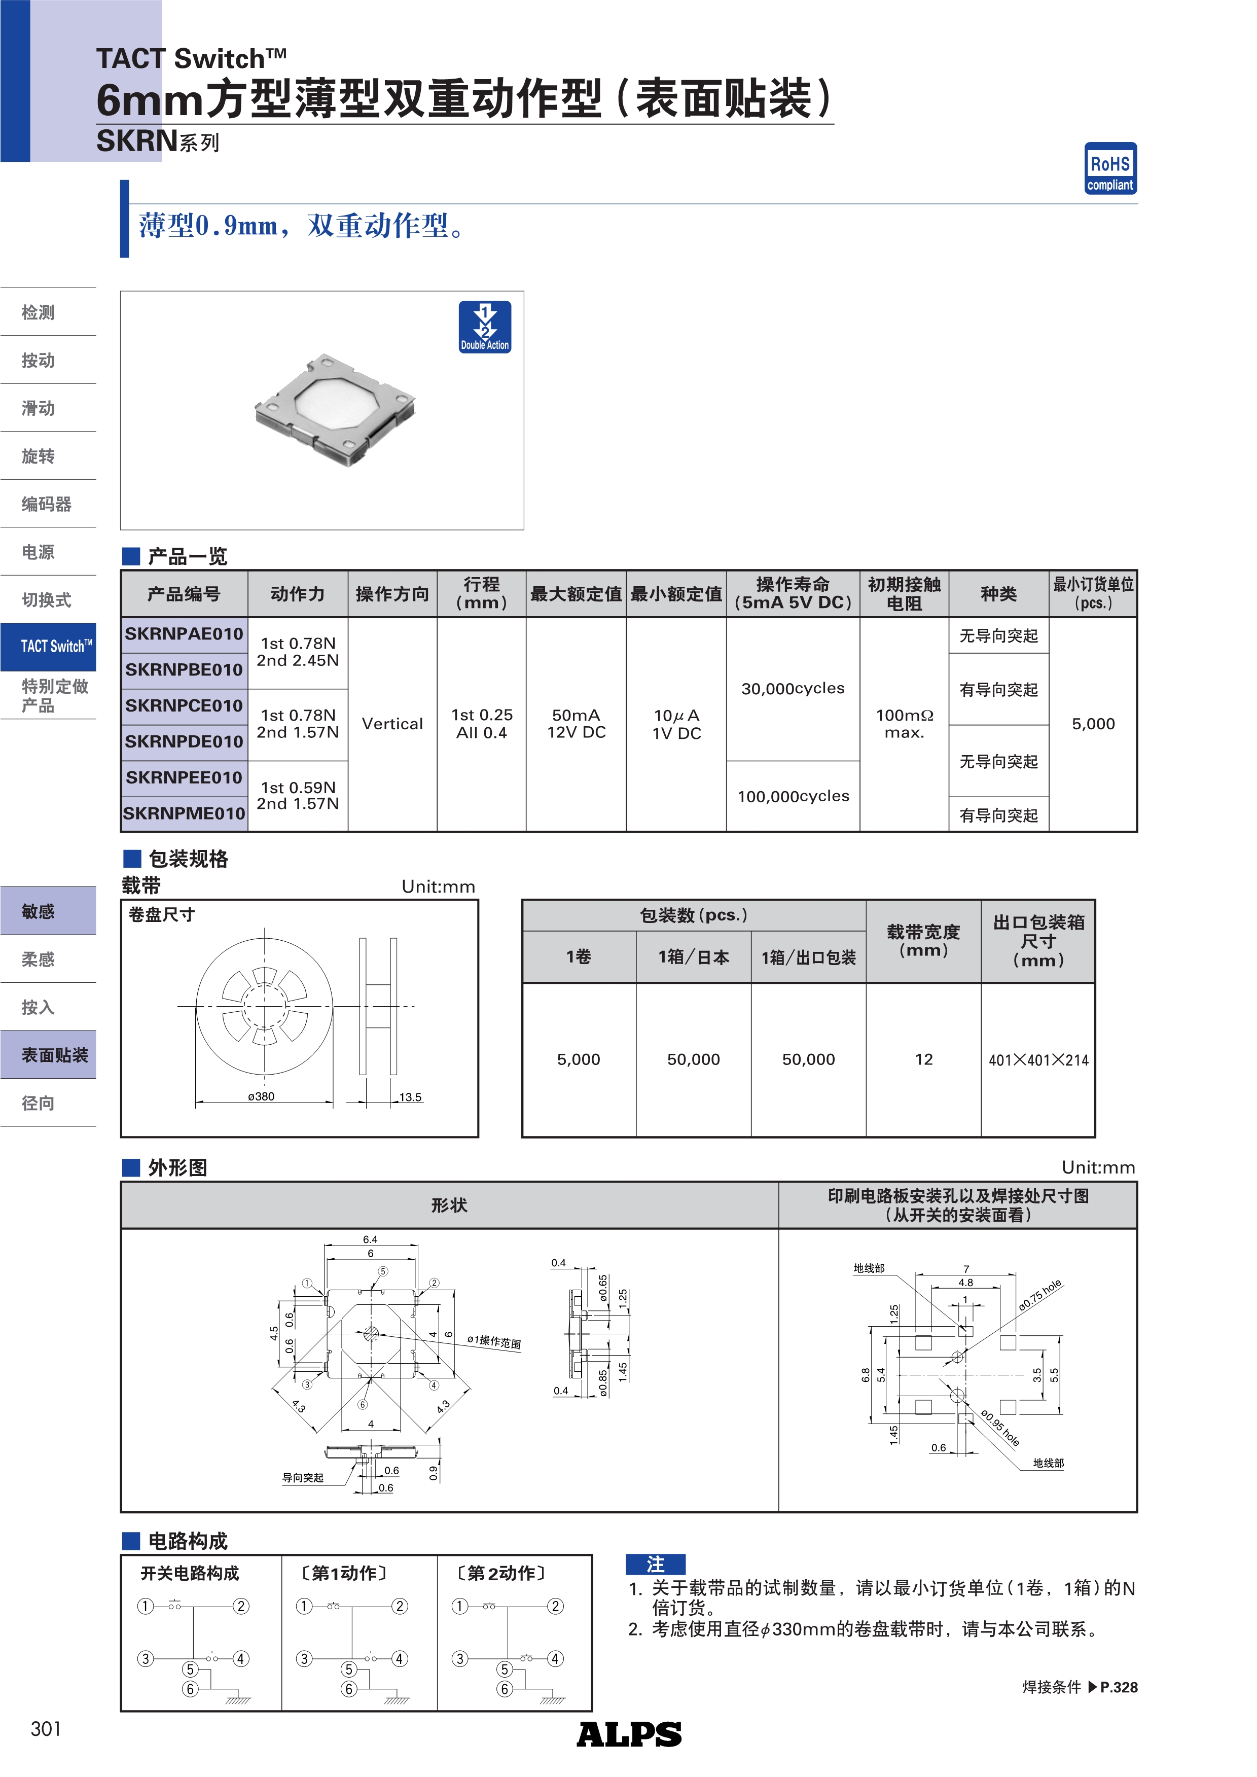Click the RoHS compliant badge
pyautogui.click(x=1110, y=168)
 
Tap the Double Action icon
pyautogui.click(x=485, y=327)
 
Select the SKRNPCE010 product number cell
pyautogui.click(x=184, y=706)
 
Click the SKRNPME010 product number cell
pyautogui.click(x=184, y=813)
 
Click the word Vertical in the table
pyautogui.click(x=392, y=724)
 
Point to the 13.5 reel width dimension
pyautogui.click(x=410, y=1097)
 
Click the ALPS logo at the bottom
pyautogui.click(x=629, y=1734)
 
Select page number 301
pyautogui.click(x=46, y=1729)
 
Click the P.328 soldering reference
pyautogui.click(x=1119, y=1687)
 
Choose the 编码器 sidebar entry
pyautogui.click(x=47, y=505)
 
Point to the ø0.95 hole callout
pyautogui.click(x=1000, y=1428)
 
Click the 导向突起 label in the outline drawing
pyautogui.click(x=303, y=1477)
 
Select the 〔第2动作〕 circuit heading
pyautogui.click(x=501, y=1574)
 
